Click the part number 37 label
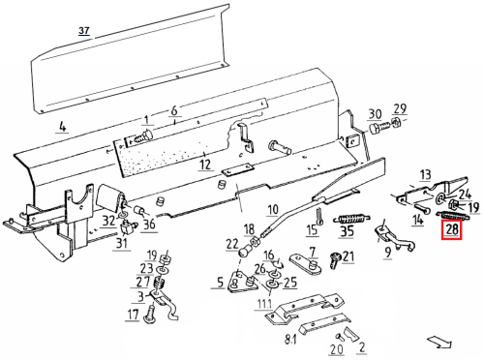[84, 31]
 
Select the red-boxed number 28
[452, 229]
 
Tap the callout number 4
[63, 126]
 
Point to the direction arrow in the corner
[439, 342]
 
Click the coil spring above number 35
[351, 220]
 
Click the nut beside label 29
[396, 123]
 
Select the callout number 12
[205, 165]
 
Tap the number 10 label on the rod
[273, 210]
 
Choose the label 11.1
[263, 304]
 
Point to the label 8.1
[290, 340]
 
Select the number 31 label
[122, 243]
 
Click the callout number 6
[174, 110]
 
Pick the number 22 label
[231, 244]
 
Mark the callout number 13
[426, 174]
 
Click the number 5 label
[220, 283]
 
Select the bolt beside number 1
[143, 136]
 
